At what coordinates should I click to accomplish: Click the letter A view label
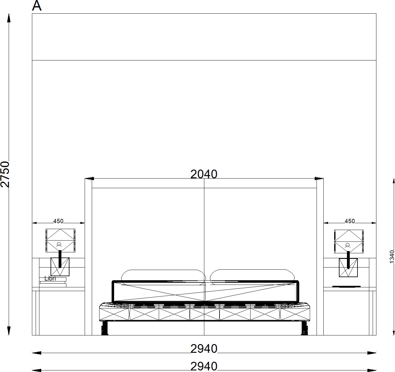click(37, 6)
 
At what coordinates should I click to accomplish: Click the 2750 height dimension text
click(5, 174)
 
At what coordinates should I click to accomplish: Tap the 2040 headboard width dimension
click(204, 174)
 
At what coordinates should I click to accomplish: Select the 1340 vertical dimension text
click(392, 257)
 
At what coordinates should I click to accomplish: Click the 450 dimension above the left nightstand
click(58, 221)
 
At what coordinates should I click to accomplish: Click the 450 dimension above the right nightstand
click(350, 221)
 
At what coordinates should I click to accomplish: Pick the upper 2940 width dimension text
click(204, 349)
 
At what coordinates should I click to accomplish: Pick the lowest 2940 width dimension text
click(204, 366)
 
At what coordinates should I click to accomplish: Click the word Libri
click(50, 278)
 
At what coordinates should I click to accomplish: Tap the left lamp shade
click(60, 241)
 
